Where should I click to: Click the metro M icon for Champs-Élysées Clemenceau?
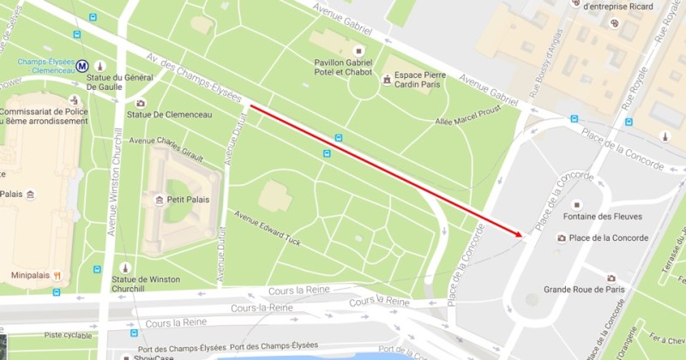click(x=82, y=64)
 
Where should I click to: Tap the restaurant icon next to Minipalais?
click(x=57, y=276)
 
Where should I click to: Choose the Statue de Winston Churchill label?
click(x=165, y=272)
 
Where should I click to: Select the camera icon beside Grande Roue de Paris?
click(x=611, y=278)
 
